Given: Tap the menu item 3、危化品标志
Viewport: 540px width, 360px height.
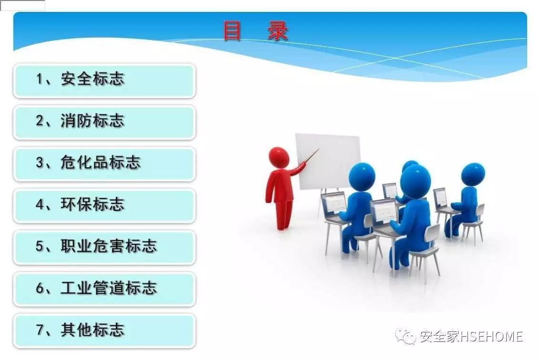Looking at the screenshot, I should coord(104,163).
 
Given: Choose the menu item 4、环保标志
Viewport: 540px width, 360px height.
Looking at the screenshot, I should coord(104,205).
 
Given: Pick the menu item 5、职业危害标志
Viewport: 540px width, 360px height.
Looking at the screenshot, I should coord(104,247).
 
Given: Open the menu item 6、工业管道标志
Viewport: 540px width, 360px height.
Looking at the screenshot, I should coord(104,289).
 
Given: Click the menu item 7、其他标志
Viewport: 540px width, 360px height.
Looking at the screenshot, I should coord(104,330).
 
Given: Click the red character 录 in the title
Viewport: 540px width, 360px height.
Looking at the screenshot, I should coord(278,32).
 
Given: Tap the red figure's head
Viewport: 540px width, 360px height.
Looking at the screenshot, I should coord(279,157).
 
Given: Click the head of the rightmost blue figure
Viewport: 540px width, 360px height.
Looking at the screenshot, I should coord(472,174).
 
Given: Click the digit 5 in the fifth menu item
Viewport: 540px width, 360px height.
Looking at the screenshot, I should coord(40,247).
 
